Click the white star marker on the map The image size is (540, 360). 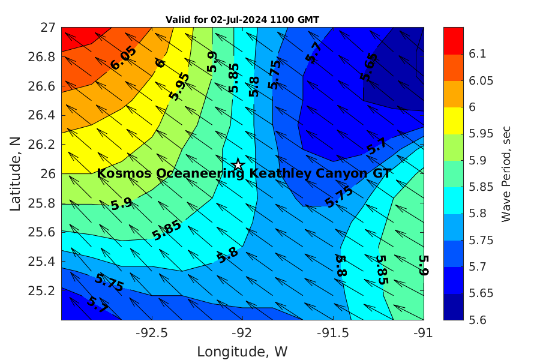click(238, 164)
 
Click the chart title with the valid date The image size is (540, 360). click(242, 19)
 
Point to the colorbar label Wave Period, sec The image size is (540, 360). click(506, 173)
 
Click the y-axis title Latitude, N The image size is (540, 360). click(16, 173)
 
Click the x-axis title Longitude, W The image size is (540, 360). click(242, 352)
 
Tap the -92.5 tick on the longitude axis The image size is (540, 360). click(152, 332)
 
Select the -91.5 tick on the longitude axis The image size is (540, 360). click(333, 332)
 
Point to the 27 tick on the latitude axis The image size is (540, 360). click(48, 28)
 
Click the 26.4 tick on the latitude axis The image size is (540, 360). click(43, 115)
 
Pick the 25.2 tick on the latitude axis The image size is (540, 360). click(43, 290)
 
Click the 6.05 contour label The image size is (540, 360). click(124, 58)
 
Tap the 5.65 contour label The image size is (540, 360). click(369, 67)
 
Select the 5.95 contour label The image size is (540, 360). click(179, 86)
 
